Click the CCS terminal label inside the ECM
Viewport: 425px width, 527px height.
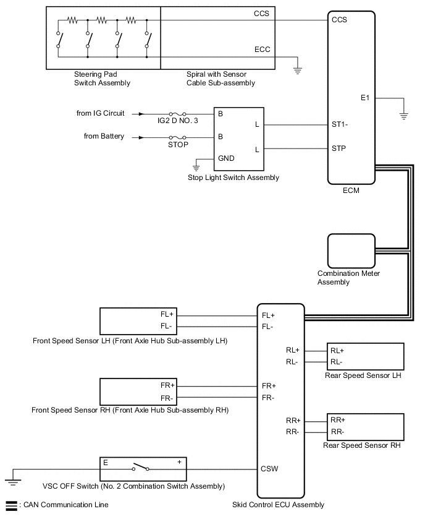click(x=339, y=20)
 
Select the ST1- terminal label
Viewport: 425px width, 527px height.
click(x=340, y=124)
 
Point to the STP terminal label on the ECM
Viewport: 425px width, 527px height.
click(x=339, y=148)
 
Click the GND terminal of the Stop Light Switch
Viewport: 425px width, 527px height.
click(x=225, y=158)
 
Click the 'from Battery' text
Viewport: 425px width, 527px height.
click(x=104, y=135)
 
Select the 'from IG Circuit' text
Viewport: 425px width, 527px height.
click(x=100, y=113)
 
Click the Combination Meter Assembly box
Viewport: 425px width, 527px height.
click(x=351, y=251)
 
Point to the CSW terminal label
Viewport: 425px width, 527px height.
click(x=270, y=468)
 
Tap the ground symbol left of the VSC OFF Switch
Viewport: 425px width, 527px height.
click(x=12, y=478)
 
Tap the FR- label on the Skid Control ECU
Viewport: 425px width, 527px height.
click(x=268, y=396)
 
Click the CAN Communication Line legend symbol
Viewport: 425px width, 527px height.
click(x=11, y=505)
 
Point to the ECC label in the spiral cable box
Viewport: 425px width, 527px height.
click(x=262, y=49)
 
